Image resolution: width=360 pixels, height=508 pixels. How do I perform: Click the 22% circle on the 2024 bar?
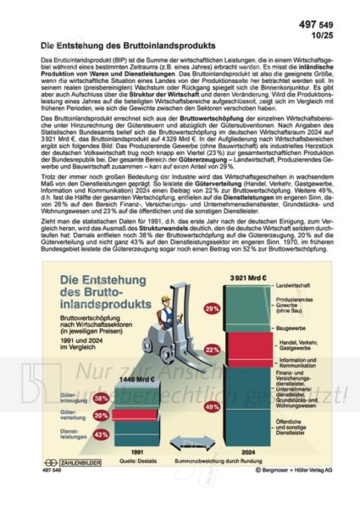(x=213, y=349)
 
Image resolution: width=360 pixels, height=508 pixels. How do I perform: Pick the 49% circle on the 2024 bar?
(x=213, y=406)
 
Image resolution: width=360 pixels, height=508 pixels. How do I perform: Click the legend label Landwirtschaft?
(x=293, y=288)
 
